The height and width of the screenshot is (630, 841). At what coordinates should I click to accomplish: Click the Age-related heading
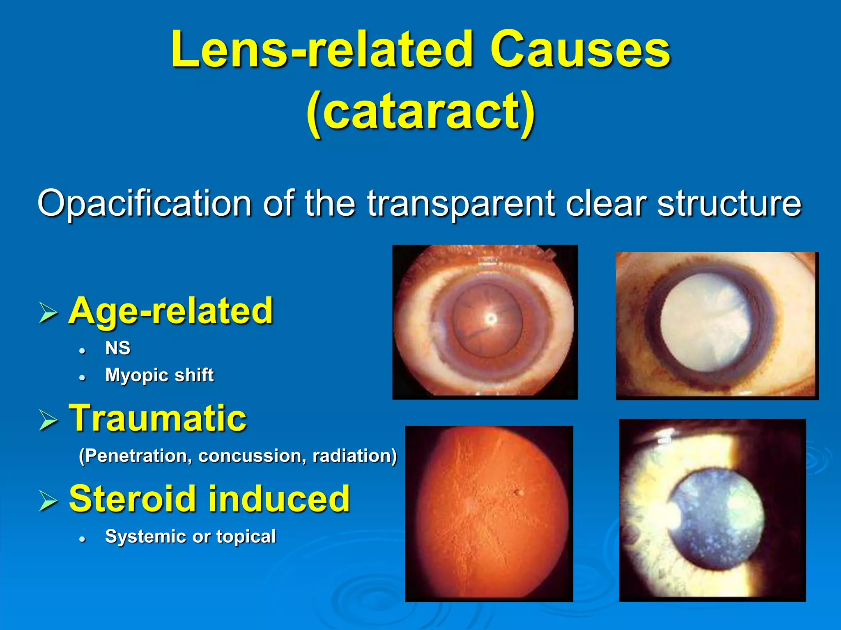170,310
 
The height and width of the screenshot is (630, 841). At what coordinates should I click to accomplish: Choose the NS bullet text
118,348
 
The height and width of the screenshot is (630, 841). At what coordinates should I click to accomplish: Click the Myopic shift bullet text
159,375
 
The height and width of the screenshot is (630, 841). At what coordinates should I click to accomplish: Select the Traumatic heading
158,418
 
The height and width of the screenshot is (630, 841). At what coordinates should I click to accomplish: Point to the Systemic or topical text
191,536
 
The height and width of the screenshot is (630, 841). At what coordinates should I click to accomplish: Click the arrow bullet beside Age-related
48,313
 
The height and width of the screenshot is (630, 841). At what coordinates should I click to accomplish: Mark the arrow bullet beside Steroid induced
48,501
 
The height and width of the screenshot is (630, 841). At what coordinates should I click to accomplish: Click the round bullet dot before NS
83,351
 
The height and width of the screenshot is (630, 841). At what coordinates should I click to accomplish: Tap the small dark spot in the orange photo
518,492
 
